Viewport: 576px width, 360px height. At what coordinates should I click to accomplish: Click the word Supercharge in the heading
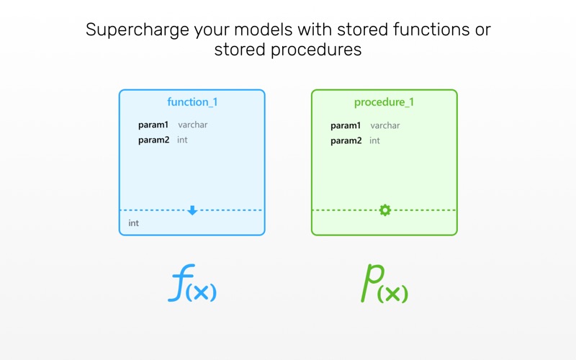click(x=138, y=30)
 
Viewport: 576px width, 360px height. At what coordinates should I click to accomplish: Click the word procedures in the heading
click(x=316, y=50)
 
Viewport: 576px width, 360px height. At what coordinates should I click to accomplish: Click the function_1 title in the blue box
click(x=192, y=102)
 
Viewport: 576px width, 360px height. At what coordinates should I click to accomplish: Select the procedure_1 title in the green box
click(x=384, y=102)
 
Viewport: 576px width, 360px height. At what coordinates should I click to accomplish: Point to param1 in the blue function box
click(x=153, y=125)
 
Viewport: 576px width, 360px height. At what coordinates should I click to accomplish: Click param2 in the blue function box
click(x=153, y=140)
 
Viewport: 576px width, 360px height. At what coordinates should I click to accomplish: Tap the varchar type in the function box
click(x=193, y=125)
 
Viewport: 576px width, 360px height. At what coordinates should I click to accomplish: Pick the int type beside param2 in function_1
click(x=182, y=140)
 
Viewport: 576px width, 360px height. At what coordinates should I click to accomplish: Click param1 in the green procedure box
click(x=346, y=125)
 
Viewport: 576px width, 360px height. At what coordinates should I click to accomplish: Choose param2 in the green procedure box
click(x=346, y=140)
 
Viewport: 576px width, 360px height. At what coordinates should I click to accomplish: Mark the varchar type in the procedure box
click(x=385, y=125)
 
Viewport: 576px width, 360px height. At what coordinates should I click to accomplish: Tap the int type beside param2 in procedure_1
click(x=374, y=140)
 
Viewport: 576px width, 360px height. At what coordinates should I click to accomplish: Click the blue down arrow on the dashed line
click(x=192, y=210)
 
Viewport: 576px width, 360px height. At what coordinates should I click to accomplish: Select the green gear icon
click(x=384, y=210)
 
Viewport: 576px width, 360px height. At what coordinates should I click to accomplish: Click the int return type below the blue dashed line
click(x=134, y=223)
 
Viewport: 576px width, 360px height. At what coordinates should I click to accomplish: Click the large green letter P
click(x=372, y=283)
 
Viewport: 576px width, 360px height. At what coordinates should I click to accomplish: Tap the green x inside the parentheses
click(x=392, y=294)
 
